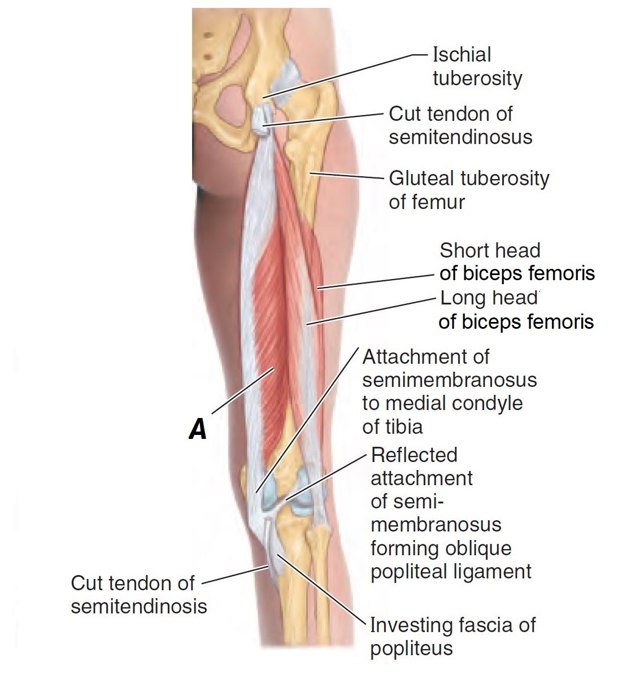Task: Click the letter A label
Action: coord(198,429)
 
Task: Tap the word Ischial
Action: coord(462,55)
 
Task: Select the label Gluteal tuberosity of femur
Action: coord(469,190)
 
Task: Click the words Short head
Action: coord(490,250)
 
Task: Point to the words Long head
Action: coord(489,298)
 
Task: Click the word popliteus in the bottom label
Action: coord(411,648)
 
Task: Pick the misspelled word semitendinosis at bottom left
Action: coord(139,606)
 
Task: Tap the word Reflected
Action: coord(414,455)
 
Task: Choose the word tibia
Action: coord(392,426)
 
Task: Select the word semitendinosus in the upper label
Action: coord(460,137)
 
